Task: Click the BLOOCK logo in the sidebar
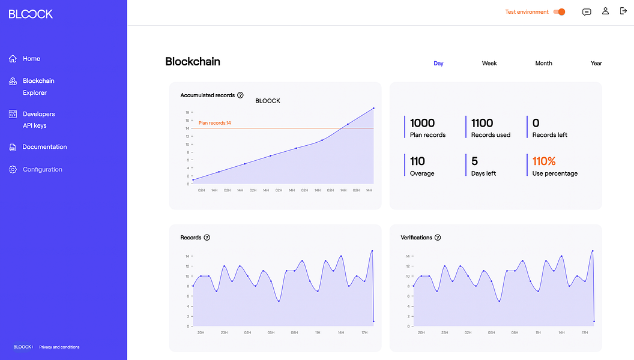tap(31, 14)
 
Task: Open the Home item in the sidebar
tap(31, 59)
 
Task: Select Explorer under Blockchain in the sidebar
tap(35, 93)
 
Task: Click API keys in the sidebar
tap(35, 126)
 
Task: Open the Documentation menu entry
tap(44, 147)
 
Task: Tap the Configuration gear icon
tap(13, 170)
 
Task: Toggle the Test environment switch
tap(560, 12)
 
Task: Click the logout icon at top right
tap(623, 11)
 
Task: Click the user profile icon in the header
tap(605, 11)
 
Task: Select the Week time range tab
tap(489, 63)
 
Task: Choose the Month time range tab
tap(543, 63)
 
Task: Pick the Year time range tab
tap(596, 63)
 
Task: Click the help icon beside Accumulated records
tap(240, 95)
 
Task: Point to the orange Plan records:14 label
tap(214, 123)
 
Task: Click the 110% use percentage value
tap(544, 161)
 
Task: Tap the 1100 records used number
tap(482, 123)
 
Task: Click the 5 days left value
tap(474, 161)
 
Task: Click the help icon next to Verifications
tap(438, 238)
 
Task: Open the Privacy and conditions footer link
tap(59, 347)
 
